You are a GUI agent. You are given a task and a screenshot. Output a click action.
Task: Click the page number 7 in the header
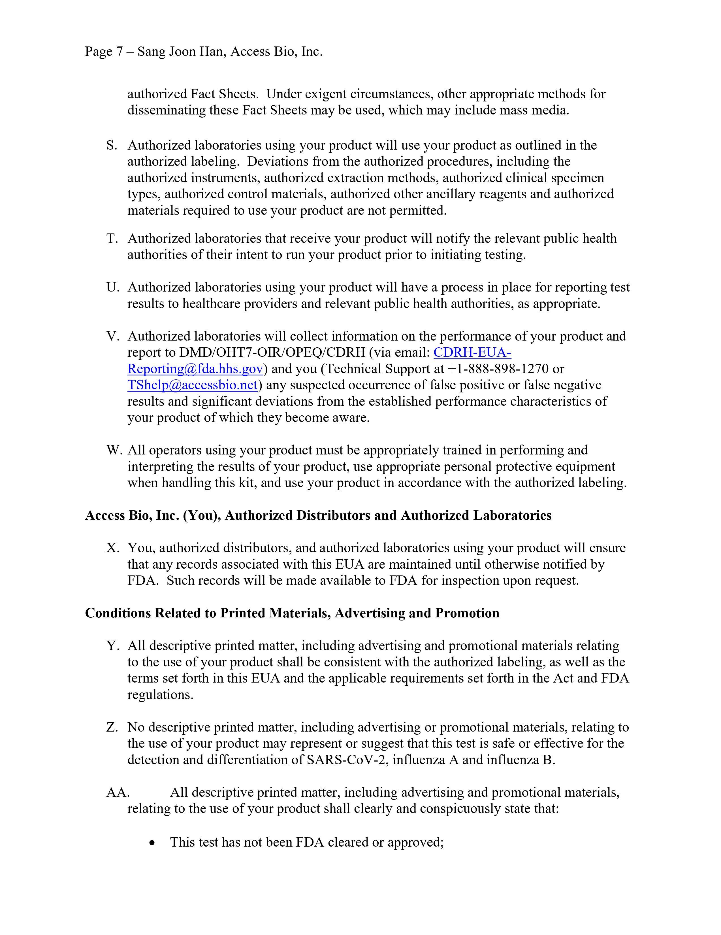click(x=119, y=52)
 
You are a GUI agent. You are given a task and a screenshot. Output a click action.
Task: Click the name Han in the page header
click(x=215, y=52)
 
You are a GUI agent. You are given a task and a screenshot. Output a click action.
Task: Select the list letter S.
click(x=112, y=146)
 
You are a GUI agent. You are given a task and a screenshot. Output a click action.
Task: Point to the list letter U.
click(x=112, y=287)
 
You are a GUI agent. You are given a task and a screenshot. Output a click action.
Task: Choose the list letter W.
click(x=114, y=450)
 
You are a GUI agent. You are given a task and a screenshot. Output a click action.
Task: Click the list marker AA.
click(x=118, y=792)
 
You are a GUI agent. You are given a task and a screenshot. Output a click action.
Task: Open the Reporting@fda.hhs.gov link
click(x=195, y=369)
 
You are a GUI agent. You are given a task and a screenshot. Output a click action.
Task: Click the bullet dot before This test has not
click(x=152, y=843)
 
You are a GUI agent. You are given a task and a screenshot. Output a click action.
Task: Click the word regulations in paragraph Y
click(x=160, y=695)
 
